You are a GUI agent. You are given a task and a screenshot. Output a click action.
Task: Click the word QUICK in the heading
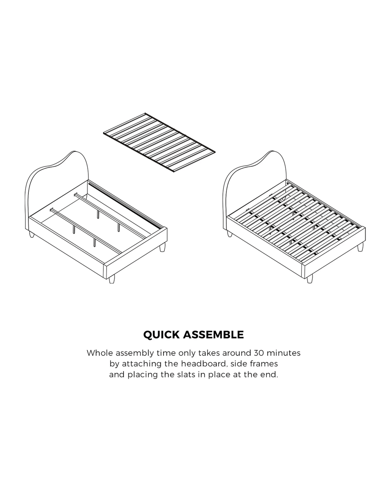click(x=161, y=335)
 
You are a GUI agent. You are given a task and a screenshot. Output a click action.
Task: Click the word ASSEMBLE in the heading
click(x=214, y=335)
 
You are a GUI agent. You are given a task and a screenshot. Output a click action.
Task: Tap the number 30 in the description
click(x=259, y=353)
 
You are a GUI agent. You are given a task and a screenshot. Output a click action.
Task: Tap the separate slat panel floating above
click(x=159, y=143)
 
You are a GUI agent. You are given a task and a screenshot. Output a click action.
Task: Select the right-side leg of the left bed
click(x=162, y=247)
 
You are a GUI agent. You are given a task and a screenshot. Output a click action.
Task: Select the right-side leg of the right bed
click(x=360, y=247)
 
